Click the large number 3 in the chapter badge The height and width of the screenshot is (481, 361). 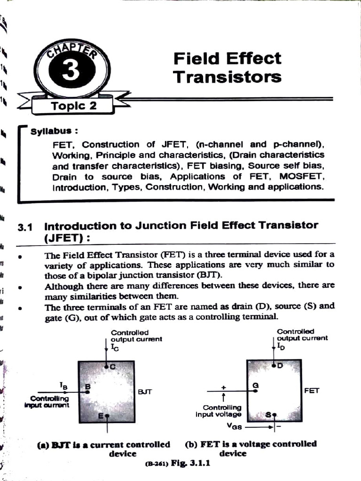pos(71,74)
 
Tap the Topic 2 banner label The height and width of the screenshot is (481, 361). pos(73,106)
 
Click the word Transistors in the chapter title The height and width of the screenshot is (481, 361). pos(227,77)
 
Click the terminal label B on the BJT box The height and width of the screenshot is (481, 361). pos(87,387)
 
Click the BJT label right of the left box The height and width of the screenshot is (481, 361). pos(145,391)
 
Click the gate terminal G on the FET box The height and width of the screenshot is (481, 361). pos(256,385)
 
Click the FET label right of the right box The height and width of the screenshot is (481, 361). pos(312,390)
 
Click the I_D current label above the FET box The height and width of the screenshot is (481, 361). pos(281,346)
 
